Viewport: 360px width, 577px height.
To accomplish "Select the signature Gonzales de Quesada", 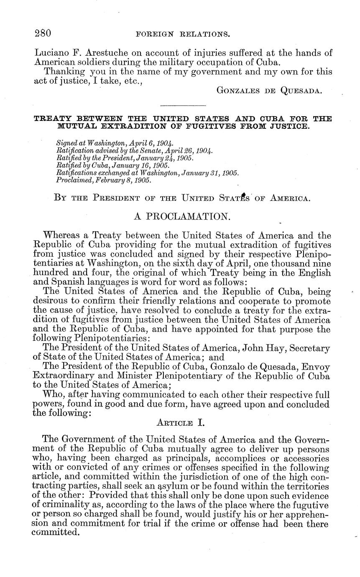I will pyautogui.click(x=269, y=90).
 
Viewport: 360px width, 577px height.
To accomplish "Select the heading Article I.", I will pyautogui.click(x=180, y=423).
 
